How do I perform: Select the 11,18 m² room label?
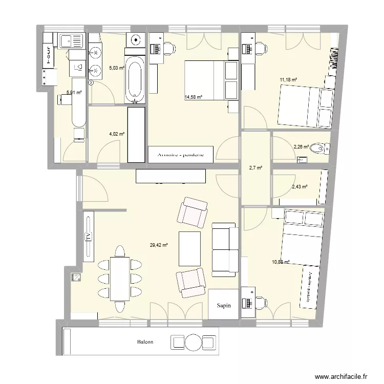pyautogui.click(x=288, y=80)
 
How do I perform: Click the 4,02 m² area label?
pyautogui.click(x=117, y=134)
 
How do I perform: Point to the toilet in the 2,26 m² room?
pyautogui.click(x=320, y=148)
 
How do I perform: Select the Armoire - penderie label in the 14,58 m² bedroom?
pyautogui.click(x=181, y=154)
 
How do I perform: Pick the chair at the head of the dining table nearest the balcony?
pyautogui.click(x=120, y=306)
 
